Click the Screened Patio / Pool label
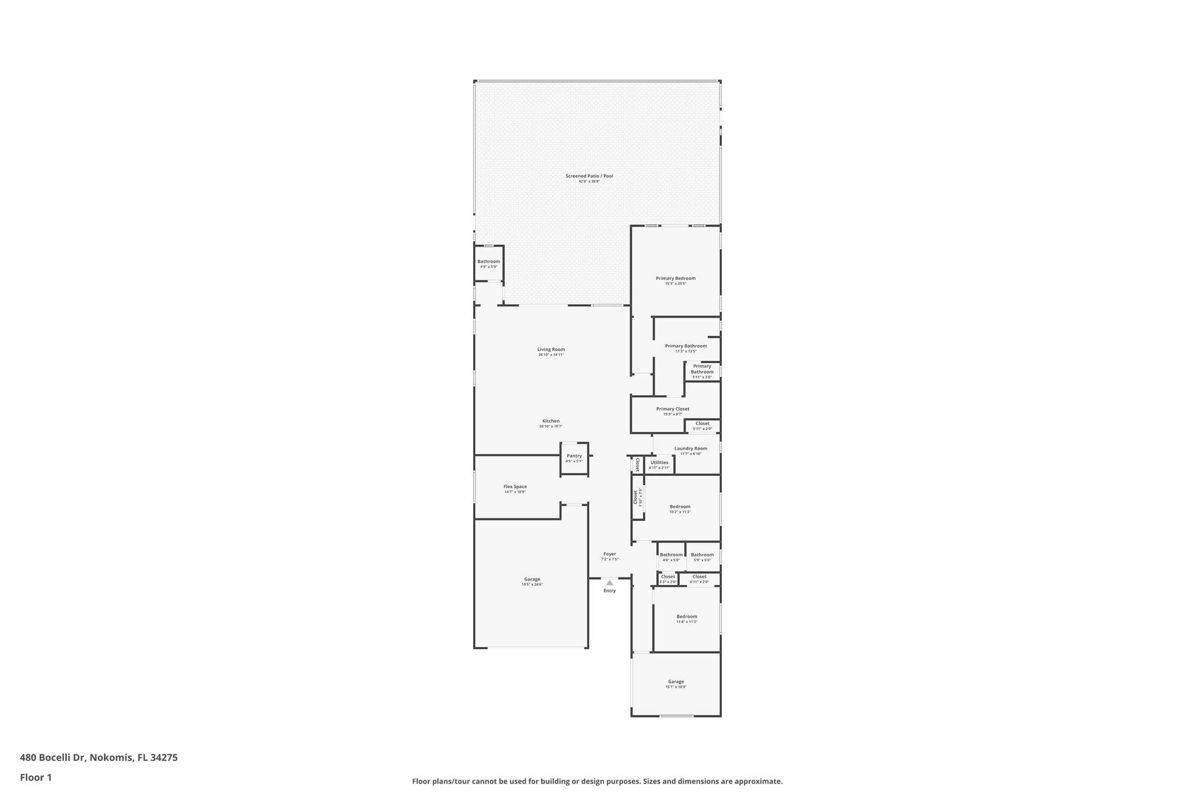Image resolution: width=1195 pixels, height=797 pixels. [x=589, y=176]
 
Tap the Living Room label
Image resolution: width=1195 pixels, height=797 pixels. [x=551, y=349]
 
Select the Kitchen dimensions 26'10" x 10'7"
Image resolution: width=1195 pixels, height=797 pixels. [x=551, y=426]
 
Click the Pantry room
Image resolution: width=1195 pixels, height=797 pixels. [x=574, y=458]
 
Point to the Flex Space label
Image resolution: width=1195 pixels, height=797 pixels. [x=515, y=486]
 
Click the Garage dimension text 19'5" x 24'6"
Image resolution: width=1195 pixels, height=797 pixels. [x=532, y=584]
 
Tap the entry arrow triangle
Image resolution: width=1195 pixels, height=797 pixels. [x=609, y=582]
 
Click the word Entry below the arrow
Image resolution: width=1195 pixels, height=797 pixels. [x=609, y=590]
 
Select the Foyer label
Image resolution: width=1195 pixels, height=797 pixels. [x=609, y=554]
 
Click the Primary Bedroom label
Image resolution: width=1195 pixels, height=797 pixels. [x=675, y=278]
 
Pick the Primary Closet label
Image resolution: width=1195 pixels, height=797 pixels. [x=672, y=409]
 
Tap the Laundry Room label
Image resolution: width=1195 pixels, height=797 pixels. [x=690, y=448]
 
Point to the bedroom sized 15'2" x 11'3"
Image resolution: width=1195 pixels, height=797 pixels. [x=680, y=509]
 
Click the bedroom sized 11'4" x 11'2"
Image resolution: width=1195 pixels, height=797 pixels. [x=686, y=618]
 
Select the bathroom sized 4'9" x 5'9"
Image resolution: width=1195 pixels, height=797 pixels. [x=488, y=263]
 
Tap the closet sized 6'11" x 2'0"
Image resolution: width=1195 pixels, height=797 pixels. [x=699, y=579]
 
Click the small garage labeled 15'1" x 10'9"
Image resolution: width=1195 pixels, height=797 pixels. [x=676, y=684]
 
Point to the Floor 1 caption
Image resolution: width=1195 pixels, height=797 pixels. [x=36, y=777]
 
